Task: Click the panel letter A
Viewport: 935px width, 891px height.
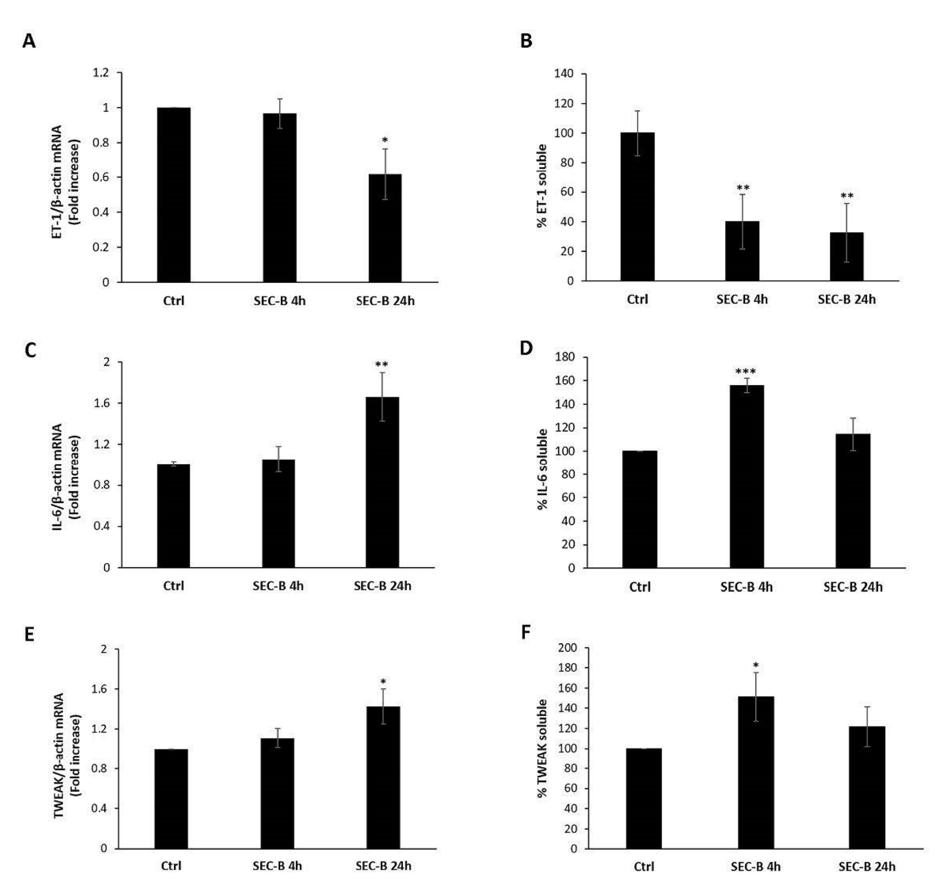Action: (29, 42)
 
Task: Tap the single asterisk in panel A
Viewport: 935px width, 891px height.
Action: (385, 140)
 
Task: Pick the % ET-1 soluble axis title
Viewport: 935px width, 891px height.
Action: (542, 186)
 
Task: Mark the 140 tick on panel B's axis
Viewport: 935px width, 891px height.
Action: (563, 74)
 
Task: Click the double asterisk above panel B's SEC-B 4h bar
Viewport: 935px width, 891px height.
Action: (743, 187)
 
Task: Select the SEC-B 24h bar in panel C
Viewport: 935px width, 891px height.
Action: (382, 482)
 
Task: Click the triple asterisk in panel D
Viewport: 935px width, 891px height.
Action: (746, 371)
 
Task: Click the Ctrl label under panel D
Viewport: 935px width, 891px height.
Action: (640, 587)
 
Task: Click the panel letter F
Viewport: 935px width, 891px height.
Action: (526, 632)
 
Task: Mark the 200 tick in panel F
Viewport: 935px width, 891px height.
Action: (568, 648)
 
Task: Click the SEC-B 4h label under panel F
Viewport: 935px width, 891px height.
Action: (755, 866)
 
